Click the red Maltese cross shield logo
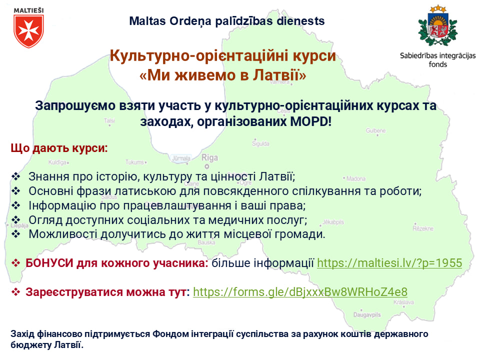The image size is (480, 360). [29, 31]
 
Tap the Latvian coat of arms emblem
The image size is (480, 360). [438, 25]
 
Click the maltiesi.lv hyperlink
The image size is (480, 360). [389, 263]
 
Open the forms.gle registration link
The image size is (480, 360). [300, 292]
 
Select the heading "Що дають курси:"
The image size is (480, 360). [59, 148]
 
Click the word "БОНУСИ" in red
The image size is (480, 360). [49, 263]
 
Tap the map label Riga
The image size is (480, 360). [209, 157]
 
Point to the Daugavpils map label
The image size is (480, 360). [367, 314]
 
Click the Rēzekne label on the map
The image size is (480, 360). [423, 228]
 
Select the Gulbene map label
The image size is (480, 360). [375, 130]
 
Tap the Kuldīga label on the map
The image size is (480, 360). [57, 162]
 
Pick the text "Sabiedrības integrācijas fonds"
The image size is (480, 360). [438, 60]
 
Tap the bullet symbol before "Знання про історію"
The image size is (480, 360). [15, 176]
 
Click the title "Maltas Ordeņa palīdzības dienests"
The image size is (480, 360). [227, 21]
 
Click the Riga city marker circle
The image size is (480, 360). [207, 166]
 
